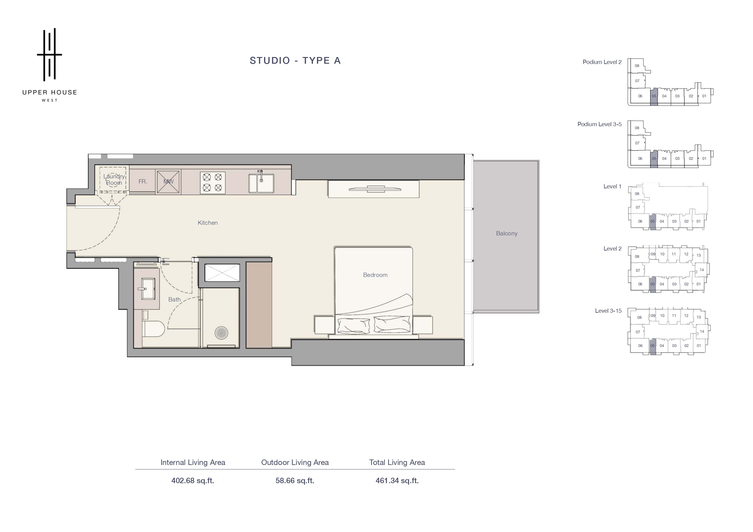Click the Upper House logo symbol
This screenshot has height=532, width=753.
(x=49, y=54)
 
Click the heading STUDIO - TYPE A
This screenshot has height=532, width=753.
(x=295, y=61)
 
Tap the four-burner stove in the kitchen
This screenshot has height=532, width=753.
(x=212, y=183)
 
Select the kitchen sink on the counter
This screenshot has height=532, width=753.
(x=261, y=182)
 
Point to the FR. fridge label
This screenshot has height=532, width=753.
(x=143, y=182)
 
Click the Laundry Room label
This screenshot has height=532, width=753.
(x=114, y=180)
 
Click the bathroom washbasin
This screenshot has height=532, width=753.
(x=148, y=289)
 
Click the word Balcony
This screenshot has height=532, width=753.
(x=507, y=233)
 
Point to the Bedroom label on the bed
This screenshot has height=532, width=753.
(x=375, y=275)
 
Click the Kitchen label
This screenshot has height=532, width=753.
(x=208, y=223)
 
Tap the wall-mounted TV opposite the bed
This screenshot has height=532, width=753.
(x=375, y=189)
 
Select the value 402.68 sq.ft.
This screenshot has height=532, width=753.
(x=193, y=481)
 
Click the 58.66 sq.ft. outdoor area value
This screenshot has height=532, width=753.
(x=295, y=481)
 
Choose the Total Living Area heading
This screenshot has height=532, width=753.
(x=397, y=463)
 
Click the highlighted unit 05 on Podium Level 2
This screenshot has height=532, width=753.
(x=654, y=96)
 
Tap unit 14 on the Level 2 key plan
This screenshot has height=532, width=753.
(x=702, y=270)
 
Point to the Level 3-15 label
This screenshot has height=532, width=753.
(x=608, y=311)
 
